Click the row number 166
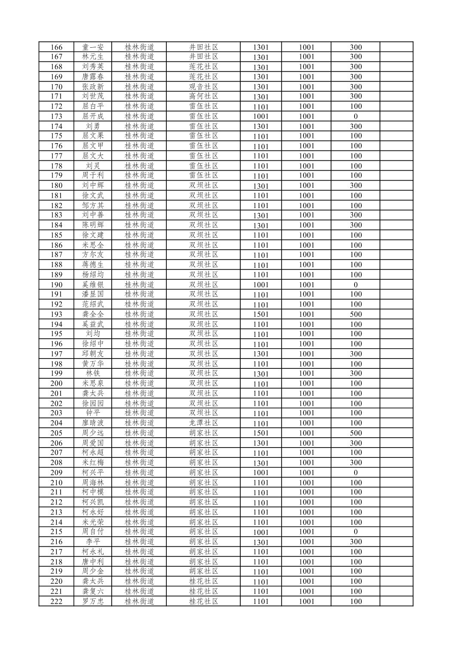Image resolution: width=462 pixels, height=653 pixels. click(56, 47)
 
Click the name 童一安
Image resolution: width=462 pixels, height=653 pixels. click(93, 47)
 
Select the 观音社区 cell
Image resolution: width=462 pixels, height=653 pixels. click(204, 86)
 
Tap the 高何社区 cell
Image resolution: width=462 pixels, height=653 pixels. click(204, 96)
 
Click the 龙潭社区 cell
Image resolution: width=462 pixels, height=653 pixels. click(204, 423)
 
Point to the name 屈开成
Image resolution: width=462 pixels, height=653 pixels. click(93, 116)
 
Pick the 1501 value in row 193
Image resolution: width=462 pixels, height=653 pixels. click(260, 314)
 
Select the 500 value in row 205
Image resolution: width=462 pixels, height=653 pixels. click(355, 433)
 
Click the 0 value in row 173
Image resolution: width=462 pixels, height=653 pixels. click(355, 116)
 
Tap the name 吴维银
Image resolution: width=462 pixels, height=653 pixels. click(93, 285)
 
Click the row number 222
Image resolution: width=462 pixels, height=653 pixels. click(56, 601)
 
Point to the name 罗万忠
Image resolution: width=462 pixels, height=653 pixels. click(93, 601)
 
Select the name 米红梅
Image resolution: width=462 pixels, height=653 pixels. click(93, 463)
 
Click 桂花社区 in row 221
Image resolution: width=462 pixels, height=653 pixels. click(204, 592)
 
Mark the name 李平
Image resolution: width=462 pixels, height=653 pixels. click(93, 542)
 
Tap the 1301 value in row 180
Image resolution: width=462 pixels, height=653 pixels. click(260, 186)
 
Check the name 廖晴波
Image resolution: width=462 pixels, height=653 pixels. click(93, 423)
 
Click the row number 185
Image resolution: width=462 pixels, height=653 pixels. click(56, 235)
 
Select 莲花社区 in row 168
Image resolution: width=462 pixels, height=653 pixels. click(204, 67)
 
